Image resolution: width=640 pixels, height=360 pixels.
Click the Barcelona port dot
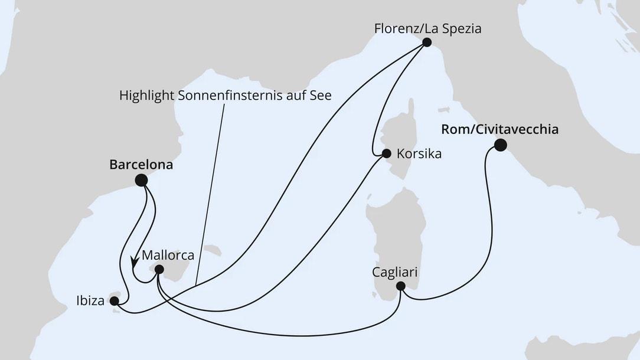[141, 180]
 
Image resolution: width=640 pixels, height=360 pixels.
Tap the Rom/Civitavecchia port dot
[500, 145]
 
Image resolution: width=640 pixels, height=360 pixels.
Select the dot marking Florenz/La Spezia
[426, 42]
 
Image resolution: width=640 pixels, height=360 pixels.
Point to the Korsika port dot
[386, 154]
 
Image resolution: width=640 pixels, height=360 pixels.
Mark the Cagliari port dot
[400, 287]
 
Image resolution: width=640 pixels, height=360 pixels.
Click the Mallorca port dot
[159, 270]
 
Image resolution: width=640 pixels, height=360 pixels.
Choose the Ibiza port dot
[115, 301]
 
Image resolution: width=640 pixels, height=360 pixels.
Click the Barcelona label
[141, 165]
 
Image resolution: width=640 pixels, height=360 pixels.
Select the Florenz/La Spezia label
[428, 27]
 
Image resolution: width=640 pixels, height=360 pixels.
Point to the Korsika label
[419, 155]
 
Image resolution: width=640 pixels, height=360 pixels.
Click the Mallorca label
[168, 256]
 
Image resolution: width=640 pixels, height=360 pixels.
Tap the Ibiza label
[90, 301]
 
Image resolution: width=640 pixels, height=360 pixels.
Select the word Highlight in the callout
[145, 94]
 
